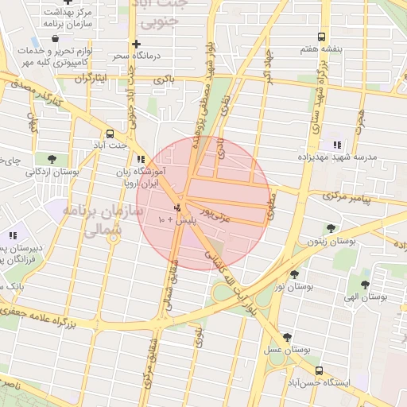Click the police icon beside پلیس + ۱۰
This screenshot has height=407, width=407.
(x=176, y=207)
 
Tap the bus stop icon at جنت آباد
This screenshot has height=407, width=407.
(x=109, y=134)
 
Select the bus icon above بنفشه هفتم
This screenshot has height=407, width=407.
(x=321, y=37)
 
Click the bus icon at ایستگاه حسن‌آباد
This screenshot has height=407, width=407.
(x=319, y=370)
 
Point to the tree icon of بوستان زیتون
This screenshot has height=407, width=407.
(x=331, y=228)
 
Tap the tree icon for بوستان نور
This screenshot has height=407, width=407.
(x=294, y=273)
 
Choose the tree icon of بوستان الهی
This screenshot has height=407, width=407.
(x=365, y=285)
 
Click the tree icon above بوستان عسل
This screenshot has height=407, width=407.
(x=287, y=337)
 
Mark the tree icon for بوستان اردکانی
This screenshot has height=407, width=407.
(x=52, y=159)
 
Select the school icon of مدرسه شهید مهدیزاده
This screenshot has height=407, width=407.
(x=337, y=145)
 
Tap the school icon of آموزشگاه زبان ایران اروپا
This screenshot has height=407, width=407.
(x=141, y=159)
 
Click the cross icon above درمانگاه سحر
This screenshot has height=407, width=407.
(x=137, y=44)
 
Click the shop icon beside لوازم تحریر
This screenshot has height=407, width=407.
(x=35, y=40)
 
